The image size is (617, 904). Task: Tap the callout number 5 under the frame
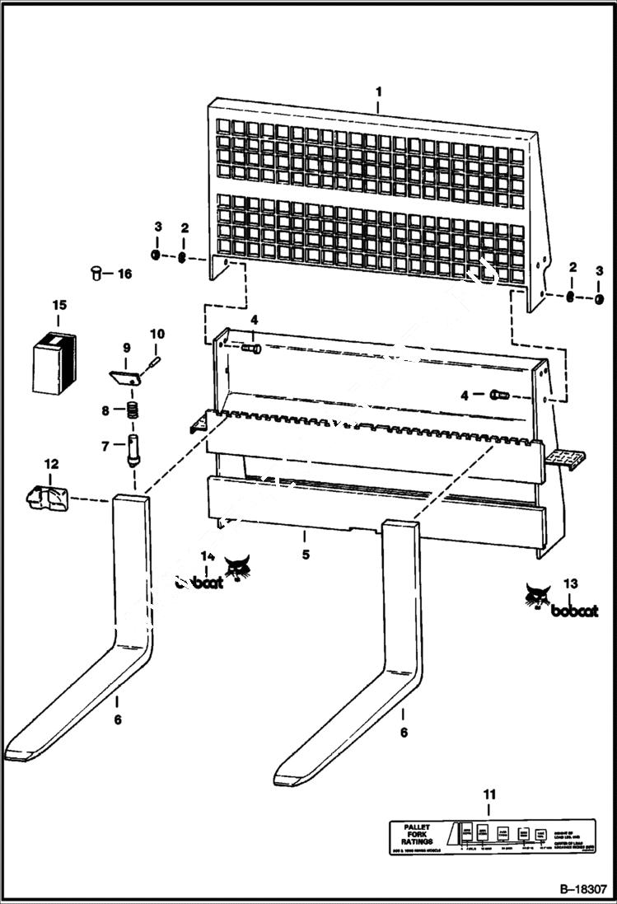pyautogui.click(x=306, y=555)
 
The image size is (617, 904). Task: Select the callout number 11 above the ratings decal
pyautogui.click(x=489, y=794)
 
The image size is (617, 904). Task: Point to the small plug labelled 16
pyautogui.click(x=96, y=272)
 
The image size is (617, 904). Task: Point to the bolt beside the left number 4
pyautogui.click(x=252, y=349)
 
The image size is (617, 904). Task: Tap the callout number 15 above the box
pyautogui.click(x=59, y=306)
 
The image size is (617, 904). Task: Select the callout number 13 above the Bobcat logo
pyautogui.click(x=570, y=583)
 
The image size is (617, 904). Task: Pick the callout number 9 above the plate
pyautogui.click(x=127, y=347)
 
